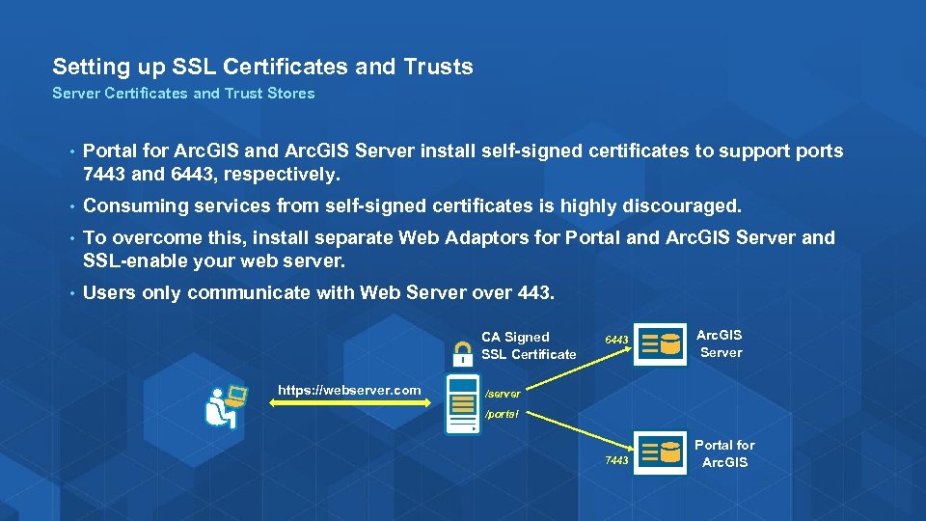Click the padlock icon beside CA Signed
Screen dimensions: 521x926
(x=463, y=350)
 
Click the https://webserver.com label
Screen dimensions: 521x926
(x=349, y=390)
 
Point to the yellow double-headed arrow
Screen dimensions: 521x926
(x=349, y=405)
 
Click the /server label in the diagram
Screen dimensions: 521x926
(x=503, y=395)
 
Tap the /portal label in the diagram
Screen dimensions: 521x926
(x=502, y=414)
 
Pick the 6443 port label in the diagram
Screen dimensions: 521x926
(x=616, y=340)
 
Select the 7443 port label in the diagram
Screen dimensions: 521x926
(x=616, y=460)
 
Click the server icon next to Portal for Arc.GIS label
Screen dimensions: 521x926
(x=661, y=452)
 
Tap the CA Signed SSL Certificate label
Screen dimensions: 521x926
(x=529, y=345)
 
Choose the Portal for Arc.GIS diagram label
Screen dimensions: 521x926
(x=724, y=453)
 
